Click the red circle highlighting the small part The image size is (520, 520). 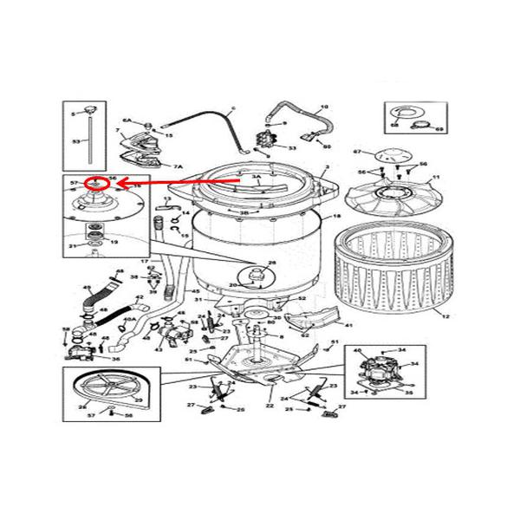(100, 183)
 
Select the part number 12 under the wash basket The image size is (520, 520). (446, 318)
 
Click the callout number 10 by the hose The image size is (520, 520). (325, 107)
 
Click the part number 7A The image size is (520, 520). (179, 166)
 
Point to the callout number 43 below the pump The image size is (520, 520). (159, 349)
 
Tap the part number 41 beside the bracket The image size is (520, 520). (348, 326)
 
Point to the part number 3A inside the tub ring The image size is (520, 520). (256, 176)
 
